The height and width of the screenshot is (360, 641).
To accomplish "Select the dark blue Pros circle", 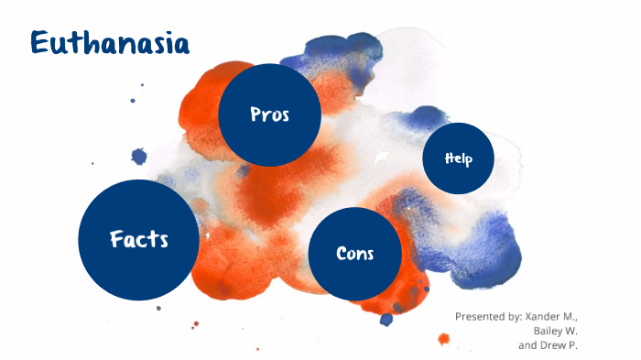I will [269, 115].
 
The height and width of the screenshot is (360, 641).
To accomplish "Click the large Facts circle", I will [138, 240].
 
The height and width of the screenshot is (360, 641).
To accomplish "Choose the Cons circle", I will [355, 254].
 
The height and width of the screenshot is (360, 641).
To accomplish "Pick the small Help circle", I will [458, 158].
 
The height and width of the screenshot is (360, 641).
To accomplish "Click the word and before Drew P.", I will [527, 345].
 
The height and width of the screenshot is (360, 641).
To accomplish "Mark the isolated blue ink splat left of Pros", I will [139, 157].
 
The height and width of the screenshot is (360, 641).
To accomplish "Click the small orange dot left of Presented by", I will [444, 339].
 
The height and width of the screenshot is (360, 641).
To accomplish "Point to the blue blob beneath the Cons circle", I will [386, 319].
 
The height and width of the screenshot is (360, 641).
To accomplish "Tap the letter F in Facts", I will [115, 240].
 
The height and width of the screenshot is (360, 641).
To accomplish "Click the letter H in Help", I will [449, 158].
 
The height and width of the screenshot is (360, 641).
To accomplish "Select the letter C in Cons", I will [342, 254].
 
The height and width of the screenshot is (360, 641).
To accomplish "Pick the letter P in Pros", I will [255, 115].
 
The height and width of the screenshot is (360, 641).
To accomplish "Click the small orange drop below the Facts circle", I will [193, 323].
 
